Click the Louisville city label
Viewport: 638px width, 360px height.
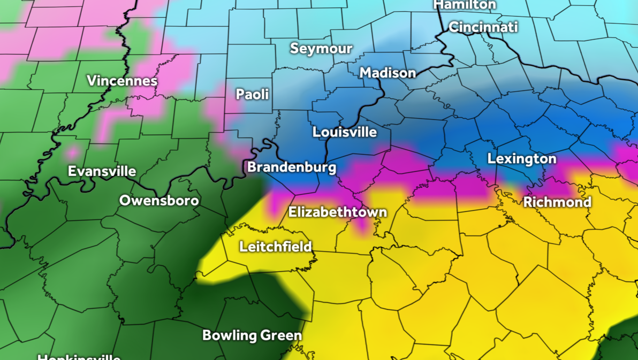tap(345, 132)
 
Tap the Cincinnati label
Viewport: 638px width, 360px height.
tap(483, 27)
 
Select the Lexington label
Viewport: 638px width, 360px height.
tap(521, 159)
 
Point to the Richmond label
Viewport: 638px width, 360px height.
tap(557, 202)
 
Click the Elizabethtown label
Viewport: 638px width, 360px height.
tap(337, 212)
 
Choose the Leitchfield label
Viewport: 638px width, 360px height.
tap(275, 247)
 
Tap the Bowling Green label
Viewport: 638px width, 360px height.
tap(252, 336)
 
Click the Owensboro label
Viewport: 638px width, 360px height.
tap(159, 201)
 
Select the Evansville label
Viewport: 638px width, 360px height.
tap(102, 172)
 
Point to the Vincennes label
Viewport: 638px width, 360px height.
tap(122, 81)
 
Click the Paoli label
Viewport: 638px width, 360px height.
tap(253, 95)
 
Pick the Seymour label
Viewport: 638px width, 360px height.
tap(321, 49)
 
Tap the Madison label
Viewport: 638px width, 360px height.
tap(388, 73)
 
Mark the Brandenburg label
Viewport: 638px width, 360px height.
tap(291, 167)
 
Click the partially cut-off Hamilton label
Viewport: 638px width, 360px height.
tap(465, 5)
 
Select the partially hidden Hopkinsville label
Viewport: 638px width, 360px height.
tap(79, 357)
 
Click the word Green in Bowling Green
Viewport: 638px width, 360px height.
tap(281, 336)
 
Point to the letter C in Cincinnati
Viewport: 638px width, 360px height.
tap(453, 27)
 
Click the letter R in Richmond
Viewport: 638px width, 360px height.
tap(528, 202)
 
